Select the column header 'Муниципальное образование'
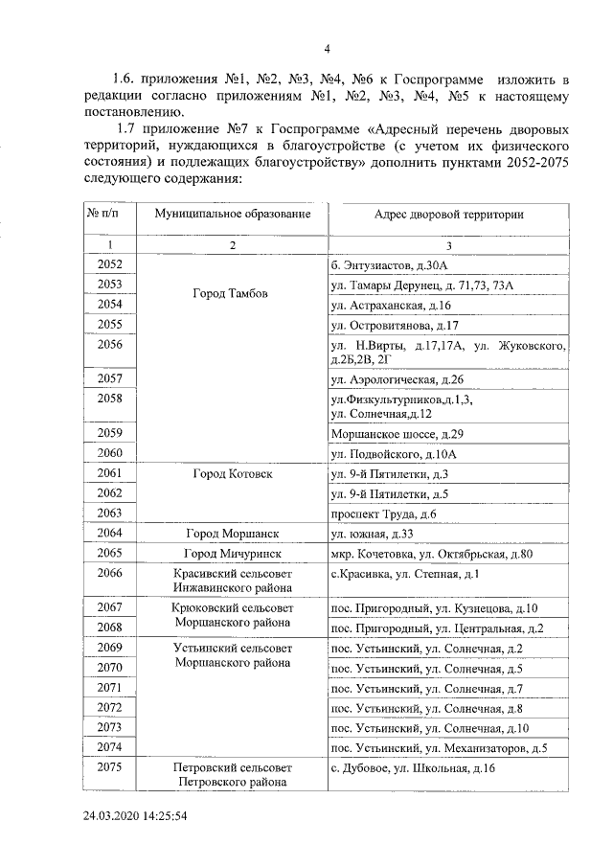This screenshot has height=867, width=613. click(233, 214)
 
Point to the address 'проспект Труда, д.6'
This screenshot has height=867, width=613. click(383, 514)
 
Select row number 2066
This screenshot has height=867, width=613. click(110, 574)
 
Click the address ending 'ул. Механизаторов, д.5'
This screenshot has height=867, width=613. click(439, 747)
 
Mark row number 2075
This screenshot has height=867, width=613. click(110, 767)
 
